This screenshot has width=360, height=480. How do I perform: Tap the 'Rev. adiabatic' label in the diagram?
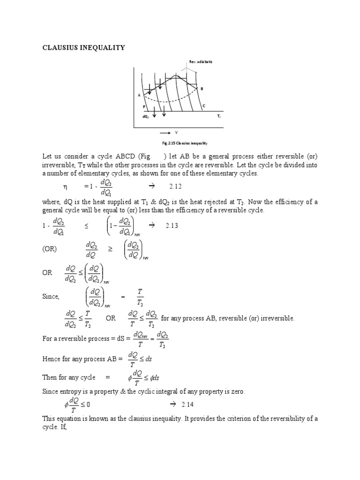click(x=201, y=62)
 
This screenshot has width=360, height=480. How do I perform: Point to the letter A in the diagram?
click(x=139, y=95)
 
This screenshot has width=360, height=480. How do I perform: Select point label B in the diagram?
click(x=202, y=89)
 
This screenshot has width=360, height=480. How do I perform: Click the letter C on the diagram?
click(x=203, y=106)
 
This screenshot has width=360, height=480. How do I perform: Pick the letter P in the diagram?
click(x=144, y=107)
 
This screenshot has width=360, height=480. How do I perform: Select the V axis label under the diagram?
click(x=176, y=133)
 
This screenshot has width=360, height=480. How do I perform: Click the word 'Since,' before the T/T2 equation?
click(x=51, y=296)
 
